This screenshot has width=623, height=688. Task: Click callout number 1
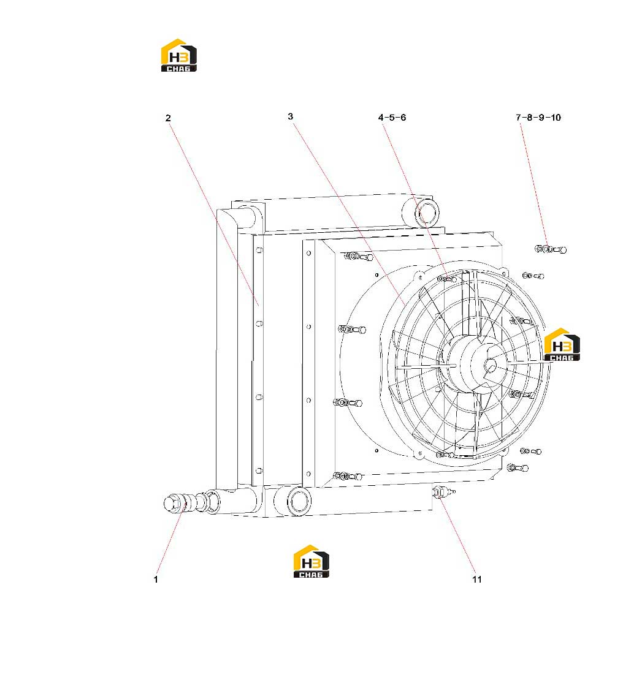(x=156, y=579)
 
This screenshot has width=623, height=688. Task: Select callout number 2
(x=168, y=118)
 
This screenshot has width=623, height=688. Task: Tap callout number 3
(x=290, y=116)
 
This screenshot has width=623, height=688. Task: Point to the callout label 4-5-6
(x=392, y=118)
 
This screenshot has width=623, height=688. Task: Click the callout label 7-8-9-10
(x=538, y=118)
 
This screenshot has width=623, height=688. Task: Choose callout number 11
(x=477, y=579)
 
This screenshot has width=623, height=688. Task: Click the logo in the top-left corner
(x=178, y=55)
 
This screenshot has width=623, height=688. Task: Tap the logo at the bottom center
(x=311, y=561)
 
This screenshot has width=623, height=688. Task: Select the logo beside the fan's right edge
(x=562, y=344)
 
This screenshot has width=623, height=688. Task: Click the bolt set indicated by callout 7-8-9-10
(x=551, y=249)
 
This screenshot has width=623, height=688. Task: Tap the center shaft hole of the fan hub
(x=490, y=365)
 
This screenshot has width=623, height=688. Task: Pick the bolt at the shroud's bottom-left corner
(x=348, y=476)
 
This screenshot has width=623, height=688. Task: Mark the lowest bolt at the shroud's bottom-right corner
(x=518, y=467)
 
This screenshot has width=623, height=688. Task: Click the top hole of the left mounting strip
(x=259, y=250)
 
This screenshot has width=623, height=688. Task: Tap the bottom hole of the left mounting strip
(x=259, y=471)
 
